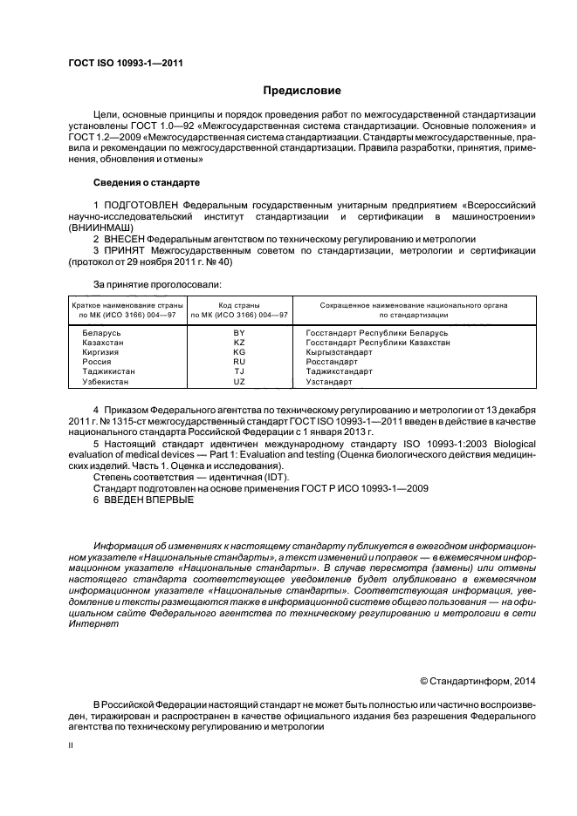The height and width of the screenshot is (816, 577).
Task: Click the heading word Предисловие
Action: click(x=302, y=91)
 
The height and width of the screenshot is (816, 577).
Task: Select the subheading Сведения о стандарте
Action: click(x=147, y=183)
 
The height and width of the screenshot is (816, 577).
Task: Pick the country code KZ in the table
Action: click(x=239, y=343)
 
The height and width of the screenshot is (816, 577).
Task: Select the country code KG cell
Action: click(x=239, y=352)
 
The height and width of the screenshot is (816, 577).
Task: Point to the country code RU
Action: click(x=239, y=362)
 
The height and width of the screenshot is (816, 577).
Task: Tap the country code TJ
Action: click(x=239, y=371)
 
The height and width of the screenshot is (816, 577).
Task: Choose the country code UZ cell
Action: click(x=239, y=382)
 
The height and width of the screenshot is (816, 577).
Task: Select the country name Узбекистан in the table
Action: click(x=108, y=382)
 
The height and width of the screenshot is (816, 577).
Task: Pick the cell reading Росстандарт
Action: click(x=333, y=362)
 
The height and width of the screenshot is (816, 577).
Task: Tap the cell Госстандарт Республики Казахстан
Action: click(x=378, y=343)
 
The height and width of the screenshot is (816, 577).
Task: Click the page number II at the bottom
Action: click(x=71, y=746)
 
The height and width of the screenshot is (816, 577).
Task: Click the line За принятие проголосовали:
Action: click(x=157, y=284)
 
